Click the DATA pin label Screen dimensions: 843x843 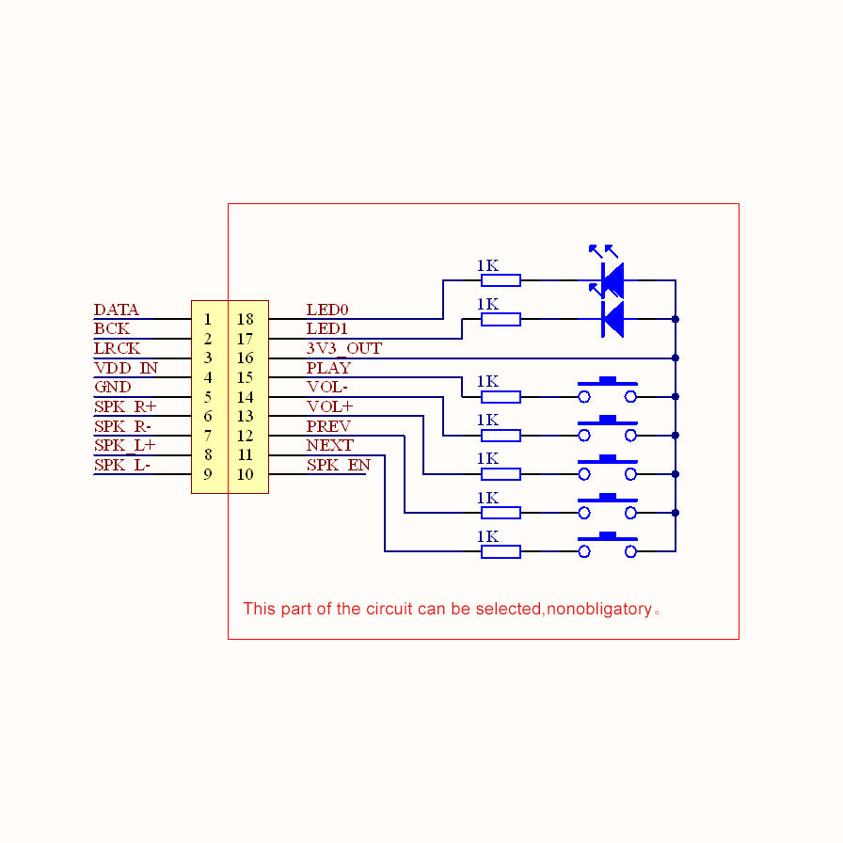click(117, 310)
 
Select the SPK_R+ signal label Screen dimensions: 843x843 click(125, 407)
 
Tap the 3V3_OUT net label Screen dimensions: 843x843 click(343, 349)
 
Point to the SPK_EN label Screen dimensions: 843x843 click(338, 466)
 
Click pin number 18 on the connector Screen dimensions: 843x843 click(246, 320)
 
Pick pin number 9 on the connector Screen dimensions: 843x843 click(208, 474)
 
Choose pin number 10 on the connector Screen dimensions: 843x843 click(246, 474)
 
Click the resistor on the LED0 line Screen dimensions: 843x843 click(501, 280)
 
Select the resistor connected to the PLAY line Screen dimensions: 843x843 click(501, 397)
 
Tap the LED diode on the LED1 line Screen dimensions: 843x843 click(612, 320)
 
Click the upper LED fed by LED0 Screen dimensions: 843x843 click(612, 278)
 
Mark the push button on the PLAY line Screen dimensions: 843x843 click(607, 392)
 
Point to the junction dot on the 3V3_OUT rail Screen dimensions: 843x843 click(676, 358)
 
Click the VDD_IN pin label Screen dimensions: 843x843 click(126, 368)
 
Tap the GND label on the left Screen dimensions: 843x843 click(113, 388)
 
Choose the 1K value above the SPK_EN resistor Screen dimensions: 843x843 click(487, 536)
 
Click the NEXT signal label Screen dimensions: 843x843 click(330, 446)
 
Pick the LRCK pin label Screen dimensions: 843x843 click(118, 349)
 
